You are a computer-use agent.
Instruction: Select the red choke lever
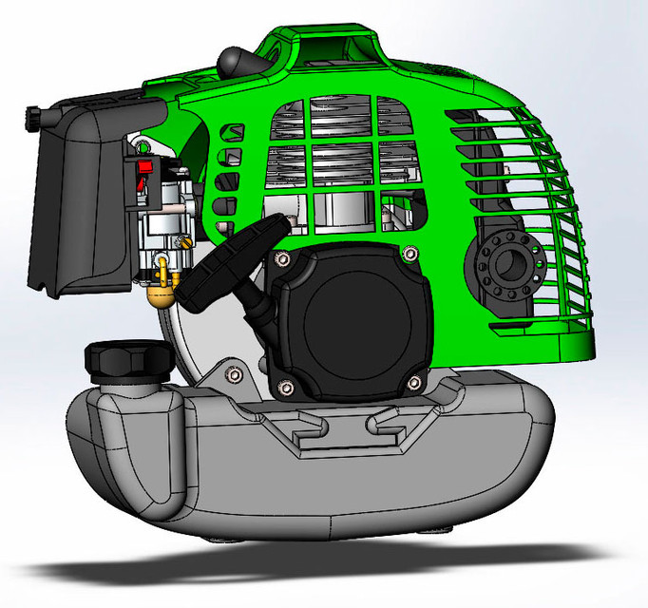144,168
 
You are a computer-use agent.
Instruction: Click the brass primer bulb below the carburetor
161,292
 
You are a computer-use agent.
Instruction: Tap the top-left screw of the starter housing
281,256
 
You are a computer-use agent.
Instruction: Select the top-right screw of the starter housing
409,254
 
